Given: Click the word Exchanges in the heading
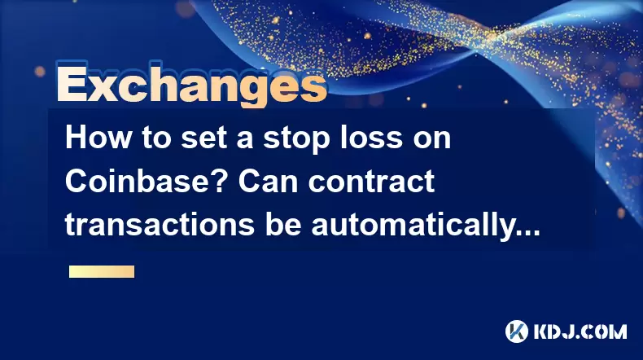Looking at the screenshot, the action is [x=191, y=86].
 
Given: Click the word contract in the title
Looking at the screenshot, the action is [x=371, y=182].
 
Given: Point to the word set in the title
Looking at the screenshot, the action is [x=204, y=138].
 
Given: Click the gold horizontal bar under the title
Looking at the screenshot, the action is [x=102, y=271].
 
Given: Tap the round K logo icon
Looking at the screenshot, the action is [x=516, y=331].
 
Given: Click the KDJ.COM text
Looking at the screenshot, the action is [x=580, y=331].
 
